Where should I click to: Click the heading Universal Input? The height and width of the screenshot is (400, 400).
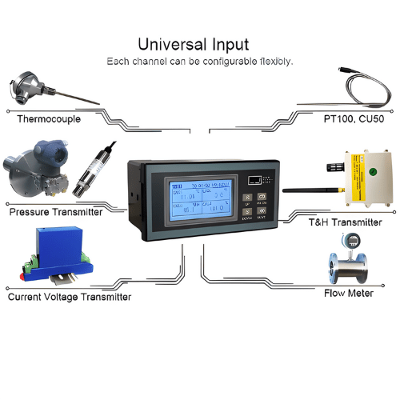coord(193,44)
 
